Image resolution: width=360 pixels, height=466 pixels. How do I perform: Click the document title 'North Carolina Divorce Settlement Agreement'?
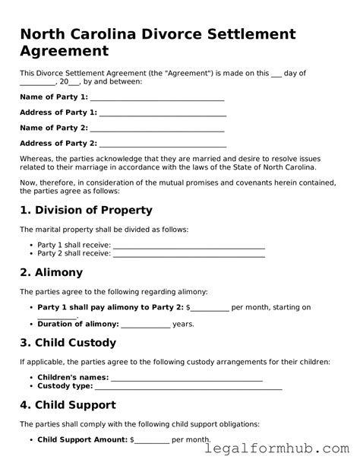[157, 43]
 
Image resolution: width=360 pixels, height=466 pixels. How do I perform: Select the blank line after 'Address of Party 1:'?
[163, 113]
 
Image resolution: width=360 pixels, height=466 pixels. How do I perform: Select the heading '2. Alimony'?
[51, 272]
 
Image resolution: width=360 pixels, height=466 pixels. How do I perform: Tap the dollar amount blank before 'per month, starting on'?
[210, 308]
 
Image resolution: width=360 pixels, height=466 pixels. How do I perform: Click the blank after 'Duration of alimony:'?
[145, 324]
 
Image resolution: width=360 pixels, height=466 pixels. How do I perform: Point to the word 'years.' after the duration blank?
[184, 324]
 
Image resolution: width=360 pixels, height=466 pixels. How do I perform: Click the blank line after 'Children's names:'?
[187, 377]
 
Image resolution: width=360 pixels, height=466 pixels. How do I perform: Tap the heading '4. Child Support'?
[68, 405]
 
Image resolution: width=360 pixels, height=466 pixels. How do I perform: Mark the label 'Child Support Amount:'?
[83, 439]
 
